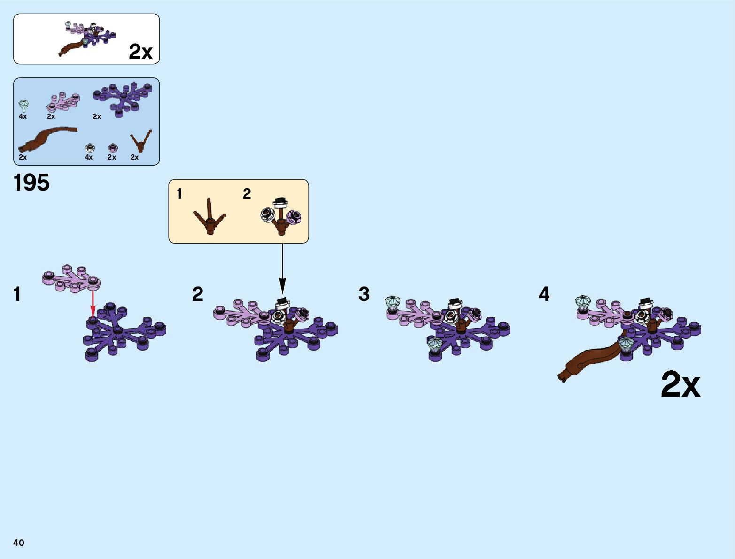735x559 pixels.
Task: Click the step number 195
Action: pos(31,183)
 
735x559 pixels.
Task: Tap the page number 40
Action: pos(19,543)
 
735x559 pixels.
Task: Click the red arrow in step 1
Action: pos(93,303)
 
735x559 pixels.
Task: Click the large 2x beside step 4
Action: pos(680,385)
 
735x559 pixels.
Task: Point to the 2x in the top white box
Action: pos(140,52)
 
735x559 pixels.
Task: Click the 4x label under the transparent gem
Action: pos(23,116)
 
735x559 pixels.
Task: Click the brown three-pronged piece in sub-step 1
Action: pos(210,218)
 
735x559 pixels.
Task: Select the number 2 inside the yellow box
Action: pos(247,193)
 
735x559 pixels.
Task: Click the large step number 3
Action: pos(364,294)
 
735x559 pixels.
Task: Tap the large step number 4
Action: pos(544,294)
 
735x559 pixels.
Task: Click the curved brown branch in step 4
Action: pos(589,360)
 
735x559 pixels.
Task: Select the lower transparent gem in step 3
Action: pos(434,345)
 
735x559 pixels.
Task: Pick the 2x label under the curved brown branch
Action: pos(23,157)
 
